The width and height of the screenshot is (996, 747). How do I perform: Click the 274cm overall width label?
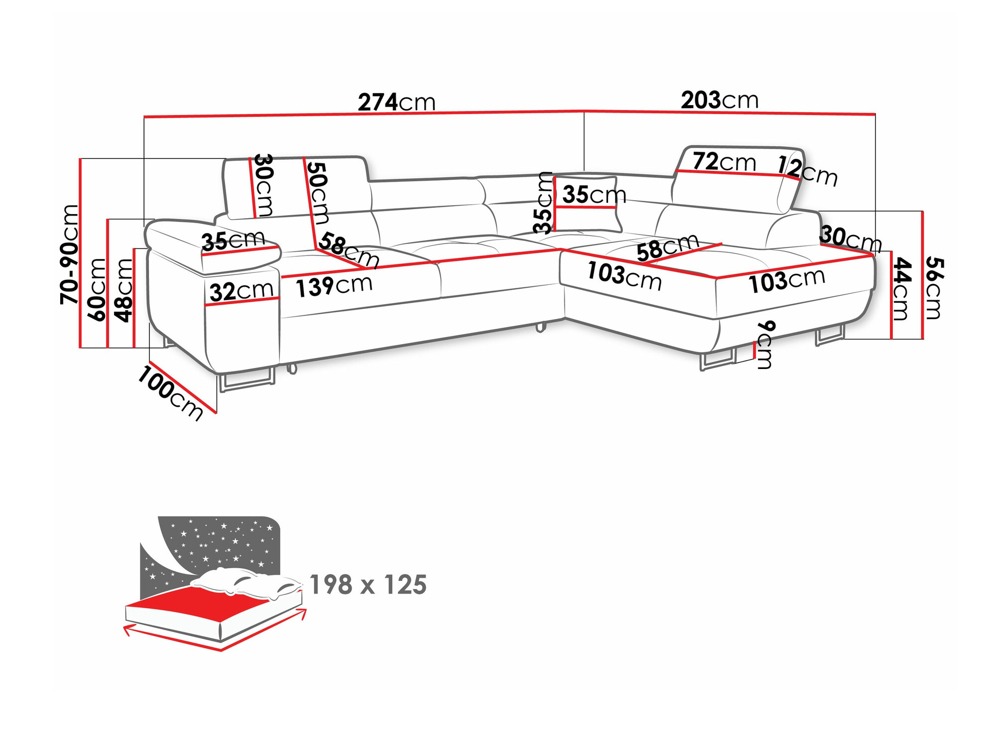396,102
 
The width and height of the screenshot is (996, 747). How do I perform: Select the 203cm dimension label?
720,100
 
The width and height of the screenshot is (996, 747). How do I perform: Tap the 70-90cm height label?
69,254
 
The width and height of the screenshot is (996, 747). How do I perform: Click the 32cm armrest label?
242,291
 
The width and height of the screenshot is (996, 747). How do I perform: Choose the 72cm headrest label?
724,162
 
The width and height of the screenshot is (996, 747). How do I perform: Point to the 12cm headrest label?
807,170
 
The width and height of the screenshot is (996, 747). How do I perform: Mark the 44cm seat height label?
901,288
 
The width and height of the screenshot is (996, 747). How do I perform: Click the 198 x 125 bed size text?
368,585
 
